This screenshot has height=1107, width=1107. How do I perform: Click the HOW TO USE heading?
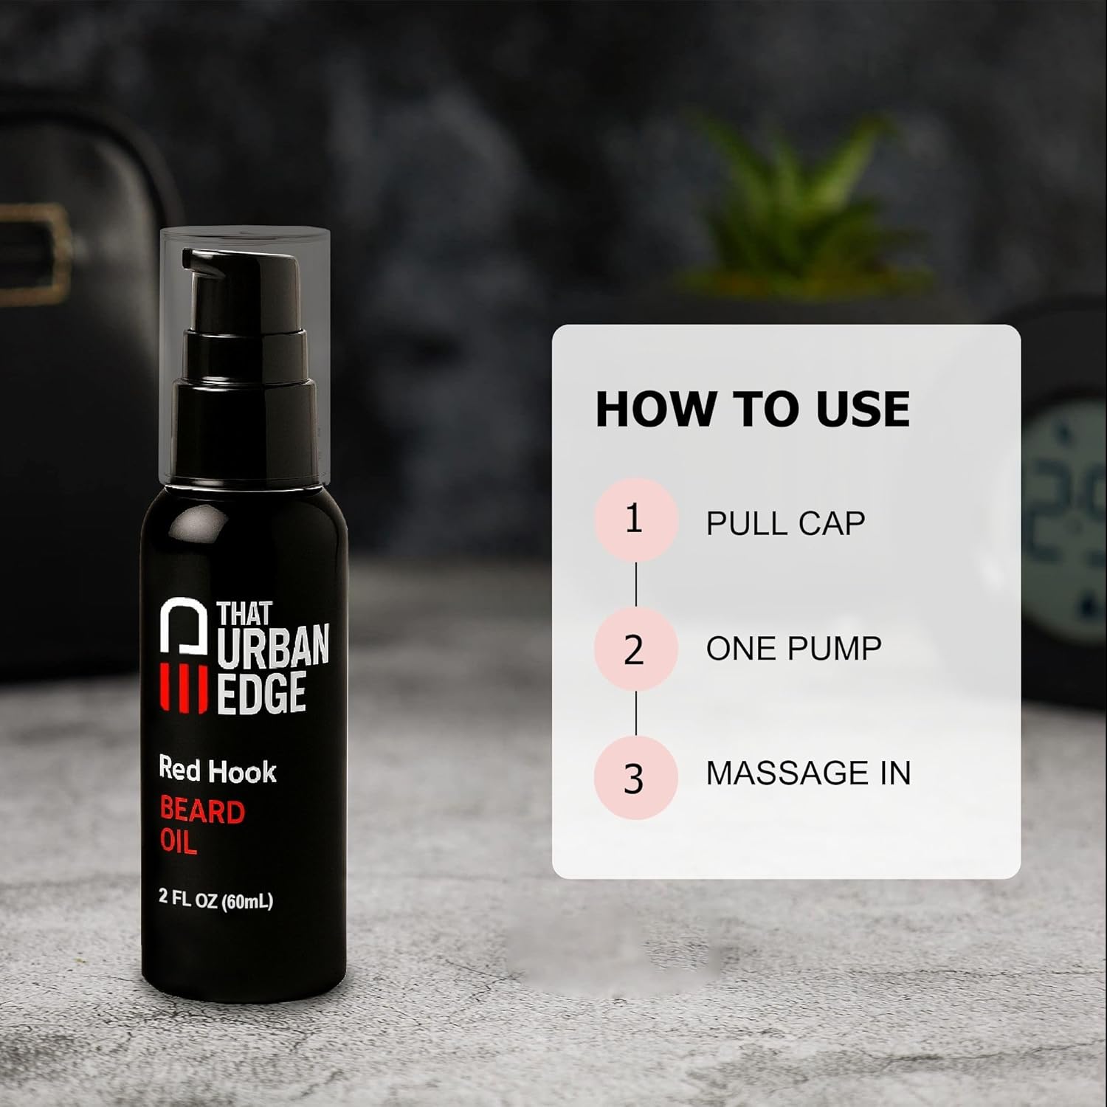753,408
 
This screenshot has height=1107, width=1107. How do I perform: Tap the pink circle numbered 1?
635,520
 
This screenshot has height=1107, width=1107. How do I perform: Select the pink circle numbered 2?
635,649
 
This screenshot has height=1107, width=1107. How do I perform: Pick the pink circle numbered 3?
635,777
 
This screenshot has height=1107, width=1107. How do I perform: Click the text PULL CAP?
785,523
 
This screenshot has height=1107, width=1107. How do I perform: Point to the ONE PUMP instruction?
794,649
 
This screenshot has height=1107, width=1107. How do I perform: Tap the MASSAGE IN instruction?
808,773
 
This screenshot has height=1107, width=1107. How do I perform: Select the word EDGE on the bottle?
261,693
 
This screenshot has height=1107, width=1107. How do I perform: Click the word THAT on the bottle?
244,613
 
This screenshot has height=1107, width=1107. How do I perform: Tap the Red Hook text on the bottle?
218,770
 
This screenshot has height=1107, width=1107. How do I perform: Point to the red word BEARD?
202,812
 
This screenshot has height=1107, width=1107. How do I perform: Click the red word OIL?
179,842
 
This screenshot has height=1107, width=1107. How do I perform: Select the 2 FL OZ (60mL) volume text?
216,900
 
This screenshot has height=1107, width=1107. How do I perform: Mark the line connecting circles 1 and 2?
635,584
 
